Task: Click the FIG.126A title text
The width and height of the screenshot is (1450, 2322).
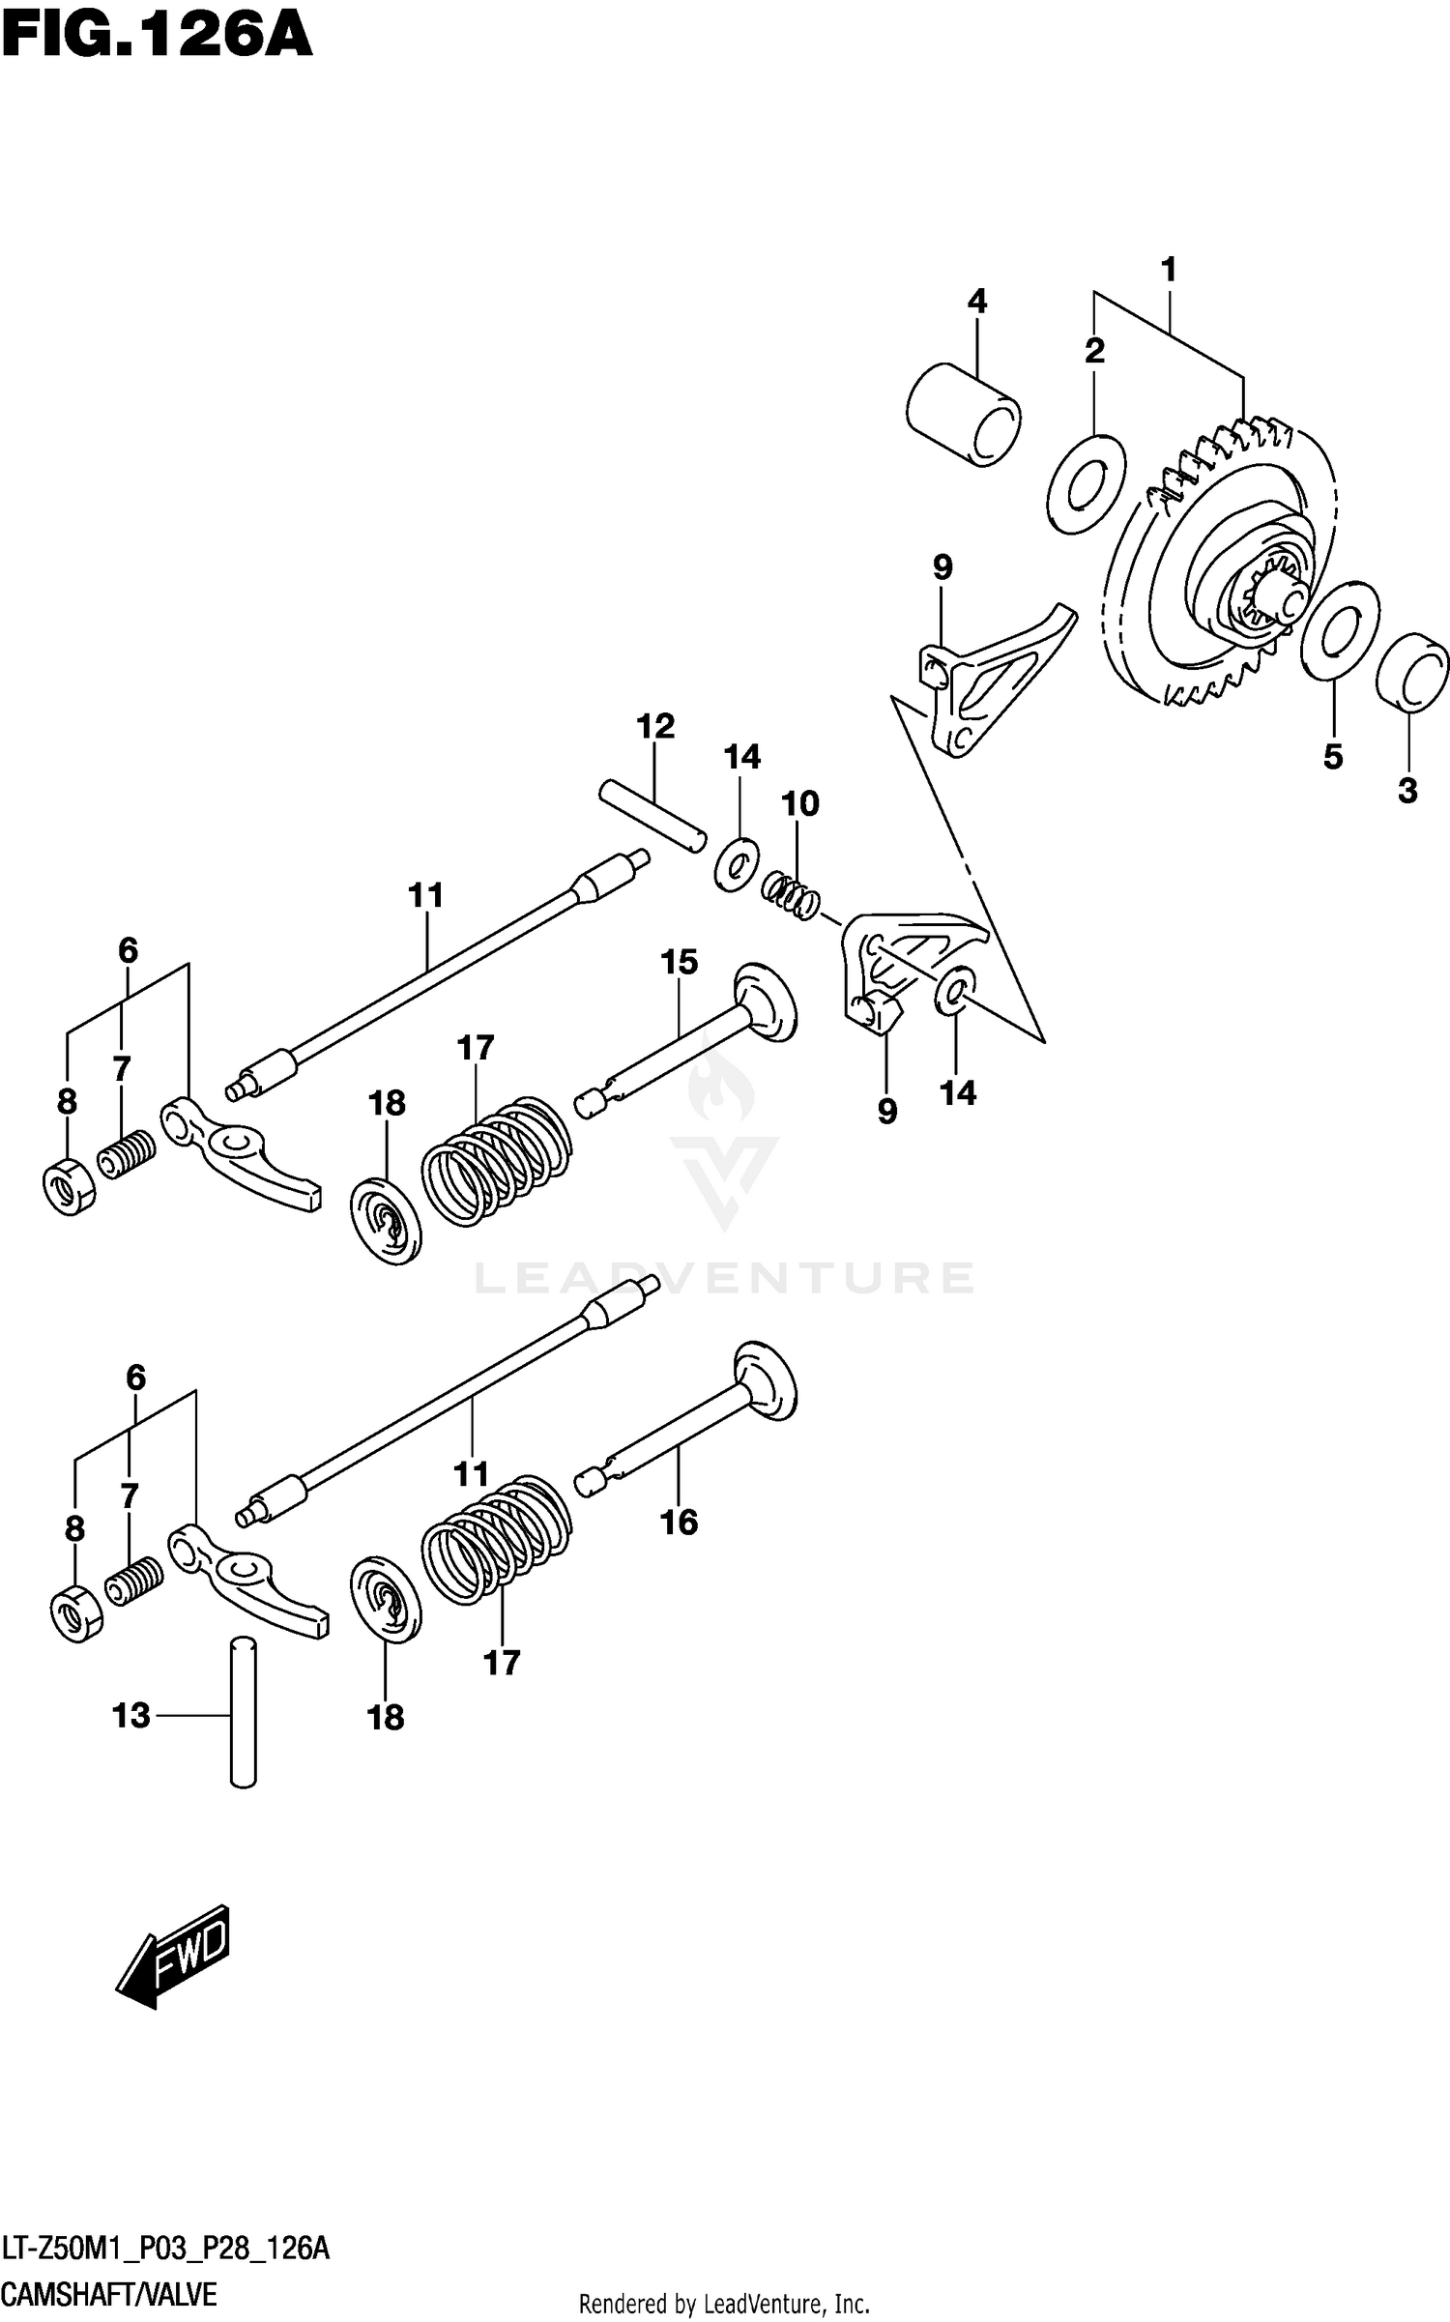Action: (x=157, y=39)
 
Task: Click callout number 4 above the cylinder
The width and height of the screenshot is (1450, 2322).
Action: (x=976, y=302)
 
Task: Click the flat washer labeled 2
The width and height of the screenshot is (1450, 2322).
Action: (x=1087, y=483)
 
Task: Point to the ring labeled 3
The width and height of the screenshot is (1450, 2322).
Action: (x=1412, y=674)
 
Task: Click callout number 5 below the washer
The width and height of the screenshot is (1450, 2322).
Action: (x=1333, y=757)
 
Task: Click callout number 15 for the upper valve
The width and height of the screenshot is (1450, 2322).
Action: (x=679, y=962)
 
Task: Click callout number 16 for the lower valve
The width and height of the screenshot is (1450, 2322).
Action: (x=679, y=1522)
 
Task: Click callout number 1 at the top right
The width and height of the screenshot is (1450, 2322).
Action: (x=1168, y=270)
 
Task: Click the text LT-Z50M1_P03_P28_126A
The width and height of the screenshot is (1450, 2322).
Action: (x=165, y=2249)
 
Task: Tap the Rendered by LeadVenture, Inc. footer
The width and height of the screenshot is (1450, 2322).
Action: (x=724, y=2304)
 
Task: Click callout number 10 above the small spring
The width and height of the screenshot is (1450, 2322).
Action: (x=800, y=803)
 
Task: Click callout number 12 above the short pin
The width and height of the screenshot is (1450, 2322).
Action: (x=655, y=726)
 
